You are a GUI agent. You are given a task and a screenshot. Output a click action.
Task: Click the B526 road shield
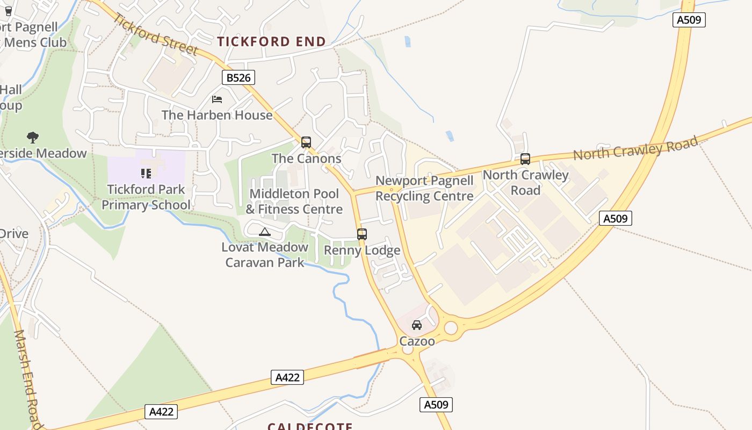click(x=238, y=78)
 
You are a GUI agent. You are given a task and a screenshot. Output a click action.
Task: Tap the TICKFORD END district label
click(x=271, y=41)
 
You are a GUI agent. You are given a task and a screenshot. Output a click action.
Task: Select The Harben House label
click(x=217, y=115)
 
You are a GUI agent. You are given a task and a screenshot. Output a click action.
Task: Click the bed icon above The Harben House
click(x=217, y=99)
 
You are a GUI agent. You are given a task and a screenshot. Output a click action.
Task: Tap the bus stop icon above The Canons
click(x=306, y=142)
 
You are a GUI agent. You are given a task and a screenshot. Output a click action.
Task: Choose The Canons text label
click(x=306, y=159)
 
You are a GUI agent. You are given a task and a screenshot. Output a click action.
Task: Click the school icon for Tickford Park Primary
click(x=146, y=174)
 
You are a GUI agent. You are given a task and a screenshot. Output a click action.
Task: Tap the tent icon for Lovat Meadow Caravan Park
click(x=264, y=232)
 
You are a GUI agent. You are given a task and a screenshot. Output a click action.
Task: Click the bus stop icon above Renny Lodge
click(x=362, y=234)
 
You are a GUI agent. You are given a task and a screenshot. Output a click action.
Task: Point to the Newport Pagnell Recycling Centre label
click(x=424, y=189)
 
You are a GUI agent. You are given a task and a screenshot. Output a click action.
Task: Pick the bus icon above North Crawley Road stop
click(x=525, y=159)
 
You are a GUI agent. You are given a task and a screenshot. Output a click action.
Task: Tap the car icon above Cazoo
click(x=417, y=325)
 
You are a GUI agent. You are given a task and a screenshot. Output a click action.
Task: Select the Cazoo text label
click(x=417, y=341)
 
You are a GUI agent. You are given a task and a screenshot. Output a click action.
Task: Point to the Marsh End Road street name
click(x=27, y=379)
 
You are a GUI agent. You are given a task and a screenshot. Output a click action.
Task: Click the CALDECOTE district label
click(x=310, y=426)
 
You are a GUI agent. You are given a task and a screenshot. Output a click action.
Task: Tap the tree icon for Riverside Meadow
click(x=33, y=138)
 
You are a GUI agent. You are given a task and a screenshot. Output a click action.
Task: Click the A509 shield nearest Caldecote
click(x=436, y=405)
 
